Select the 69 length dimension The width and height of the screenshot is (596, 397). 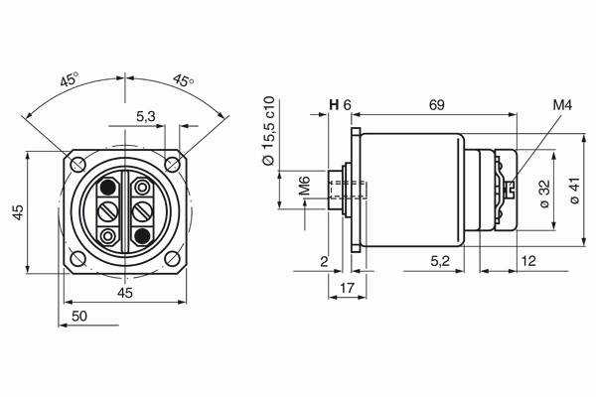[437, 105]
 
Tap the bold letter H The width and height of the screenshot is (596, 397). [334, 105]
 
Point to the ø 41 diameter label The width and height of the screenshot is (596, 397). [574, 191]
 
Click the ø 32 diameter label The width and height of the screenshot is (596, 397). [544, 194]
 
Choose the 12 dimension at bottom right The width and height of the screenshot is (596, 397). [528, 261]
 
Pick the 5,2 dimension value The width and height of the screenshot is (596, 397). [440, 261]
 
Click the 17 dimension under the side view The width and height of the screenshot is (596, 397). [347, 288]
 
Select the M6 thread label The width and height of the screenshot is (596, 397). [305, 186]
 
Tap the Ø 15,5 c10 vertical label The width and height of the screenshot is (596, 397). [268, 131]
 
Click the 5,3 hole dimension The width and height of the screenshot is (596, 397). [146, 117]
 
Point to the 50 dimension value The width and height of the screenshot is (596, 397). [79, 316]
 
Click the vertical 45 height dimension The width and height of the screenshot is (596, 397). [18, 212]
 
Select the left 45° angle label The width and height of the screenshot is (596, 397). [70, 79]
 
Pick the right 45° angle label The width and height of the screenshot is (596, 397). [183, 80]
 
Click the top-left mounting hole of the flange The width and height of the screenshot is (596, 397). [77, 164]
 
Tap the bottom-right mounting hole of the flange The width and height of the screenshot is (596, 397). [172, 258]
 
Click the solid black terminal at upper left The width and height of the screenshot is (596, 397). [108, 187]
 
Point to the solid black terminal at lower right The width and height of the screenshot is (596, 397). [142, 236]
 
